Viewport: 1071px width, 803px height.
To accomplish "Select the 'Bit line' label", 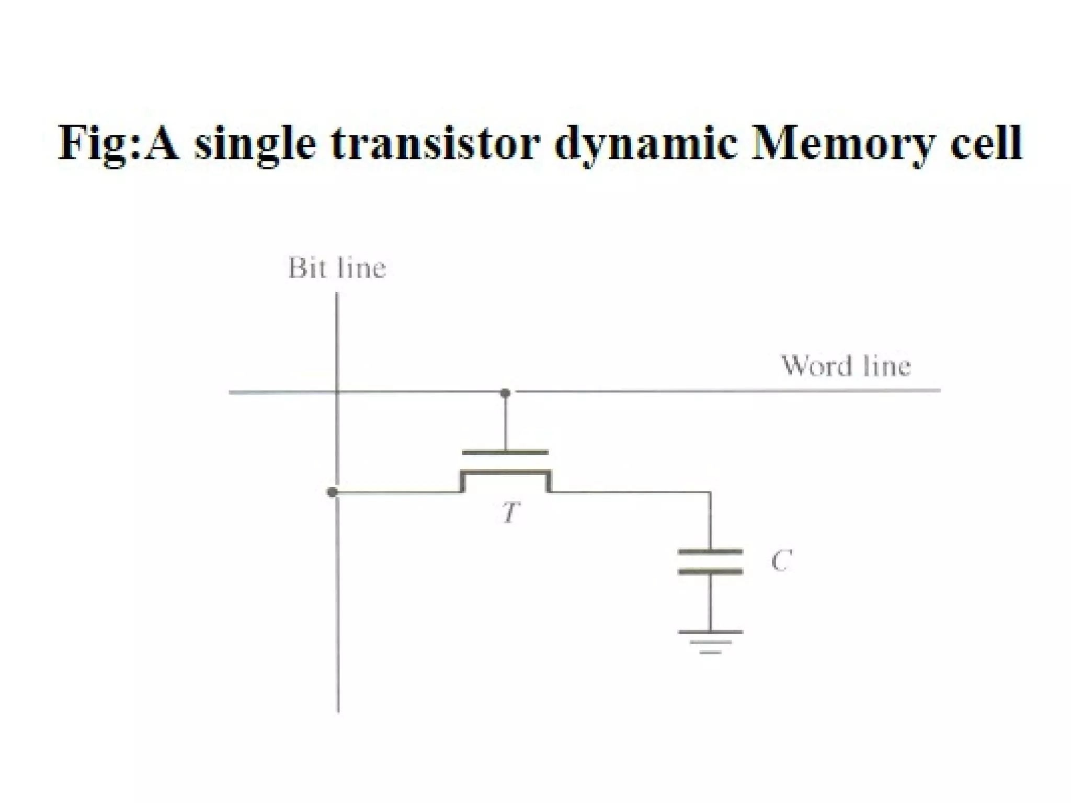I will tap(337, 268).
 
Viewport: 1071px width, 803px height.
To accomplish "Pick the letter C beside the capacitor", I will tap(781, 560).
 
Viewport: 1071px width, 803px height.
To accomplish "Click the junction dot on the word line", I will tap(505, 393).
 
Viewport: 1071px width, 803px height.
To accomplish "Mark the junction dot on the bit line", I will tap(332, 492).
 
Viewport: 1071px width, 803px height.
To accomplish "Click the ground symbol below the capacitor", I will tap(710, 641).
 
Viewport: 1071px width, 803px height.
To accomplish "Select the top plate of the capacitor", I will tap(710, 551).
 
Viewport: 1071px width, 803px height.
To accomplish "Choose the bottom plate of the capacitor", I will tap(710, 571).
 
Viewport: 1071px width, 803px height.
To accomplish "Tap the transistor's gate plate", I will tap(505, 452).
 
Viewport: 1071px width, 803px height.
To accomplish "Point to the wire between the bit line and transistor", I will tap(397, 492).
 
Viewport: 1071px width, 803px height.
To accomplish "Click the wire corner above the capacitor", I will tap(710, 492).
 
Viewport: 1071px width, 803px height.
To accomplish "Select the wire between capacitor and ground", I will tap(710, 601).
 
